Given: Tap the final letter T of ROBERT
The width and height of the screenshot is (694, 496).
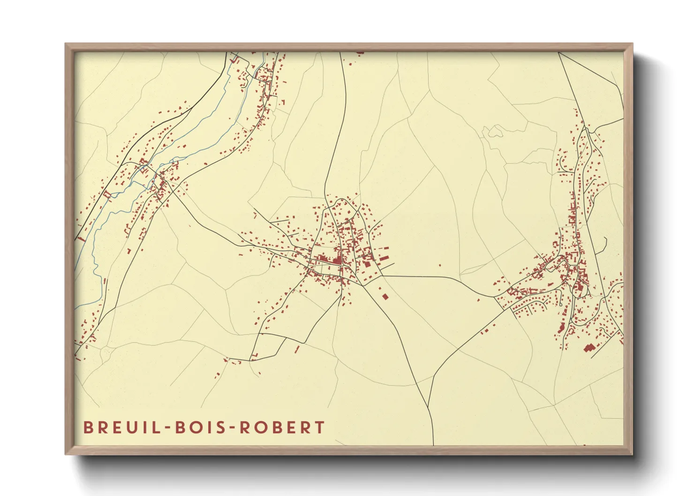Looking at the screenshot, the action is (x=320, y=427).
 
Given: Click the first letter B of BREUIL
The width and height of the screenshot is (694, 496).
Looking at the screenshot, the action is (x=88, y=427).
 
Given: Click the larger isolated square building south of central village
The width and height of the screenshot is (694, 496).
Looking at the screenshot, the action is (x=385, y=296).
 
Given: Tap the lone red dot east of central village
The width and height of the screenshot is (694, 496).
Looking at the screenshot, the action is (x=440, y=265).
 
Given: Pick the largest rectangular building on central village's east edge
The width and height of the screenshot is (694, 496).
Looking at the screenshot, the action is (x=383, y=257).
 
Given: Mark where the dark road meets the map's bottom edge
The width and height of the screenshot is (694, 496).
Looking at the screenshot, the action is (x=433, y=444).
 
